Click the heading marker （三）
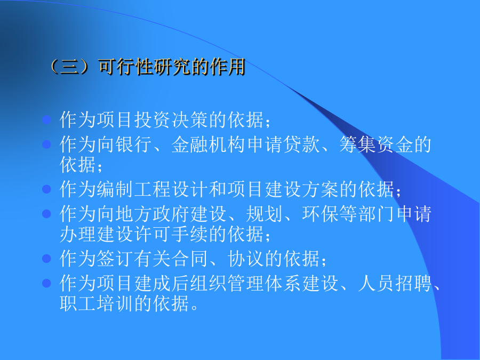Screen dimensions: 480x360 click(69, 67)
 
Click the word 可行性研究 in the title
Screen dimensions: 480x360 click(144, 67)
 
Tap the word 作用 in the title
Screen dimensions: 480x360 click(227, 67)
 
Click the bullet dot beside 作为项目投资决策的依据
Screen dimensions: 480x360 click(46, 119)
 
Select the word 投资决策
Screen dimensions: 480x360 click(171, 119)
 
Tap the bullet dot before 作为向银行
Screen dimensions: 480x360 click(46, 144)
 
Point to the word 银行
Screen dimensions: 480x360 click(134, 144)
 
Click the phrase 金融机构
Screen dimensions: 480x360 click(209, 144)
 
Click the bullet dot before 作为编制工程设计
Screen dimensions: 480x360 click(46, 189)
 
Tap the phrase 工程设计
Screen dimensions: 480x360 click(171, 189)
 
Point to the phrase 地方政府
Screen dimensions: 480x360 click(153, 213)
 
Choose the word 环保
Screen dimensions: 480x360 click(321, 213)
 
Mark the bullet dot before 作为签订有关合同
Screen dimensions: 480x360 click(46, 258)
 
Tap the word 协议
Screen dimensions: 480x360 click(246, 258)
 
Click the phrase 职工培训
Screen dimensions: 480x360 click(97, 303)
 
